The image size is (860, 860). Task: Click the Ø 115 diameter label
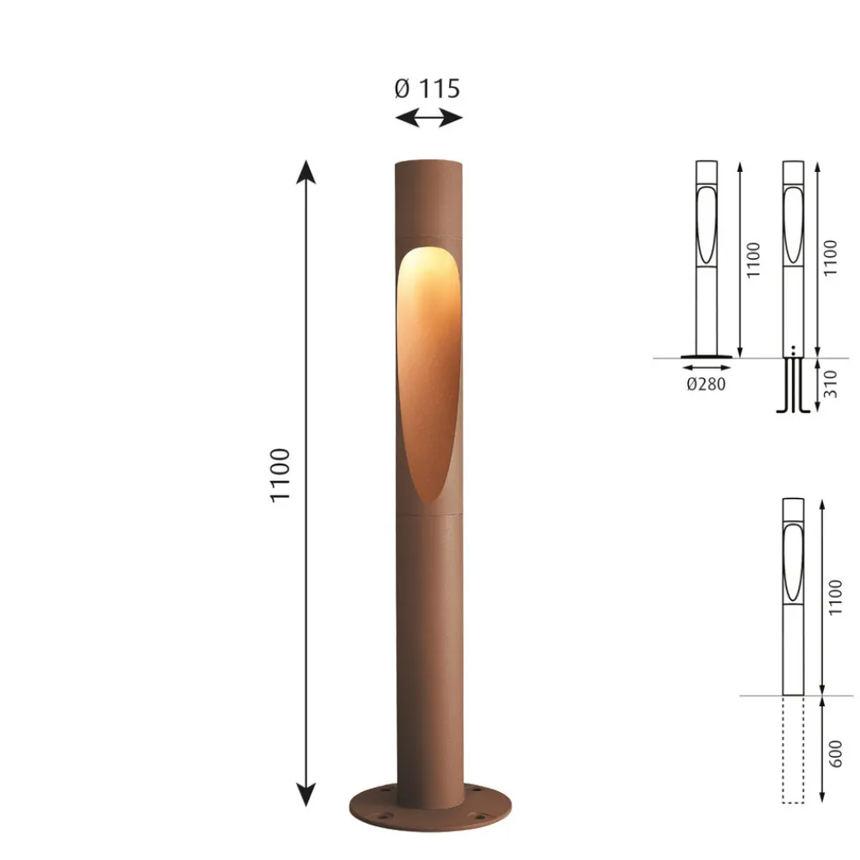(x=427, y=89)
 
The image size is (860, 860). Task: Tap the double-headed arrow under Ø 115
(x=429, y=117)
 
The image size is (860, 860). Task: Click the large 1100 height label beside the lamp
(x=279, y=475)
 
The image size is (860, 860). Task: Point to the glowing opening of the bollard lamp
(x=428, y=373)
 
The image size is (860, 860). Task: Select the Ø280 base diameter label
(x=706, y=384)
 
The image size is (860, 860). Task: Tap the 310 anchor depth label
(x=831, y=384)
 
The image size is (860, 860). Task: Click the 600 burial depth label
(x=834, y=753)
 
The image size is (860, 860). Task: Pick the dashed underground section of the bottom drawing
(x=793, y=749)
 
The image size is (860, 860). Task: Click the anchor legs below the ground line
(x=793, y=385)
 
